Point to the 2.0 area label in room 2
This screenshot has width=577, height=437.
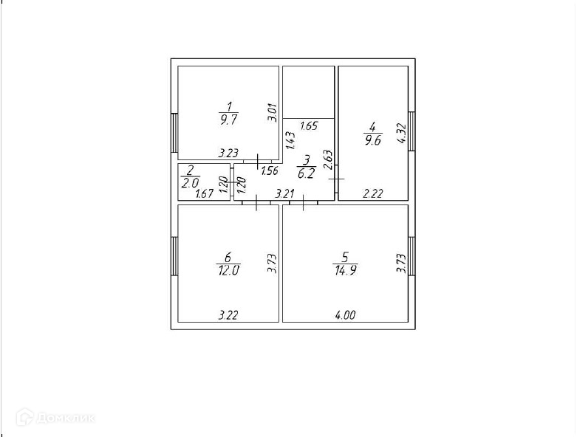[x=191, y=182]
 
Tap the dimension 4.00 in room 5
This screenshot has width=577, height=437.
[x=346, y=315]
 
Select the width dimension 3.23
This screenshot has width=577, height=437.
[x=228, y=154]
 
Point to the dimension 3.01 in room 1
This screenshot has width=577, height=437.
[x=272, y=113]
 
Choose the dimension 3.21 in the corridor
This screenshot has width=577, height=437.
[x=285, y=194]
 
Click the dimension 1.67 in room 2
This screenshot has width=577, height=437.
[x=205, y=194]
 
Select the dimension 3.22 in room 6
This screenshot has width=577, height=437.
[x=228, y=315]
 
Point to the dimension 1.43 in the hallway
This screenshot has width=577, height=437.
[x=290, y=140]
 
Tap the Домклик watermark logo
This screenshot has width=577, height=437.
[x=66, y=419]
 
